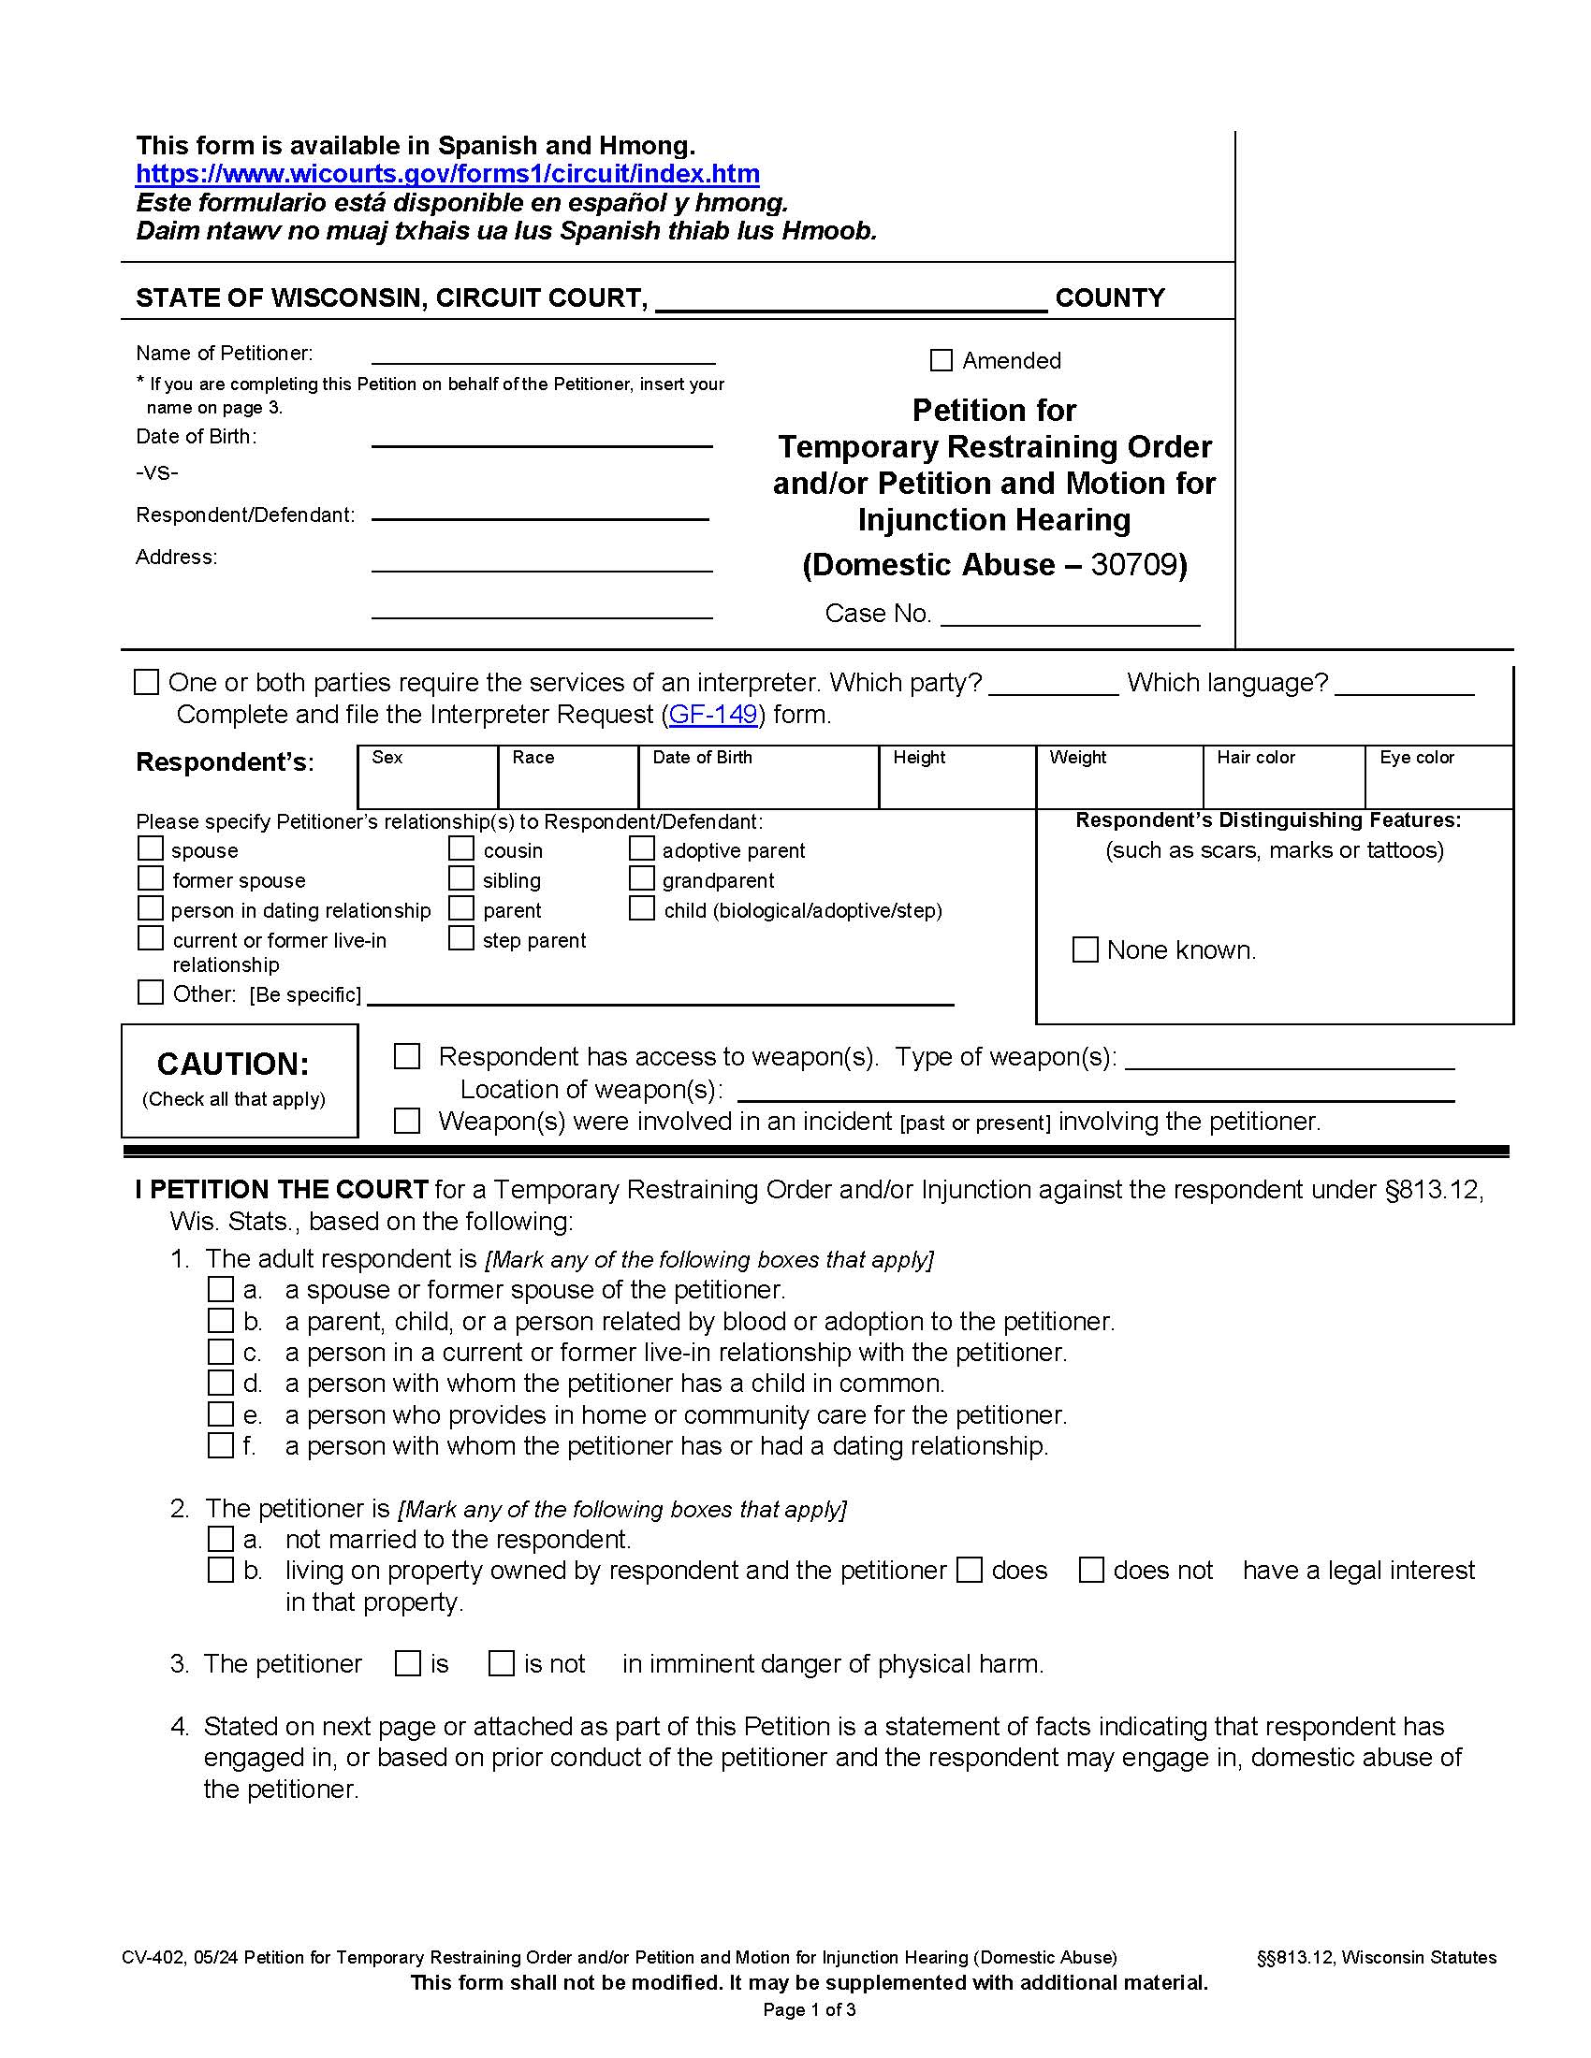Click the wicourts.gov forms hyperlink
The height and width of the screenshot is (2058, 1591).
pos(447,174)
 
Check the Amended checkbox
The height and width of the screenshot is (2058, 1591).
pos(941,360)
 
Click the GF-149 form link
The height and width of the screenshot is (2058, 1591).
pos(712,715)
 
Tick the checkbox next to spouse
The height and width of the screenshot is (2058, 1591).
pos(151,849)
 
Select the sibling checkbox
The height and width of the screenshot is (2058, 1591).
pos(460,879)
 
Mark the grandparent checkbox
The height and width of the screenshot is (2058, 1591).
pos(642,879)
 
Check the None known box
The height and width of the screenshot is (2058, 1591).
pos(1086,949)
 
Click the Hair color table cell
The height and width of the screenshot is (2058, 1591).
pos(1283,777)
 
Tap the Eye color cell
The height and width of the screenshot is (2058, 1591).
pos(1438,777)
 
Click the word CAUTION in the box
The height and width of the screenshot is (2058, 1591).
pos(233,1064)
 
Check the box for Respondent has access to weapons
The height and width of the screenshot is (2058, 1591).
pos(407,1057)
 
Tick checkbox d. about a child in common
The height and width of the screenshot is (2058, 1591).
pos(221,1384)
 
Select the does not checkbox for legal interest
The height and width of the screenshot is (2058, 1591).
pos(1091,1570)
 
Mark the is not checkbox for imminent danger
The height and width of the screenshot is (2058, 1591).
pos(502,1664)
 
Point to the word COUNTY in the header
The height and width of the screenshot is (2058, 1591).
pos(1109,298)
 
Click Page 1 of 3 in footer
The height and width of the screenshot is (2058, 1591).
pos(809,2010)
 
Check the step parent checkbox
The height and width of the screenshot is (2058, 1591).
pos(460,938)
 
